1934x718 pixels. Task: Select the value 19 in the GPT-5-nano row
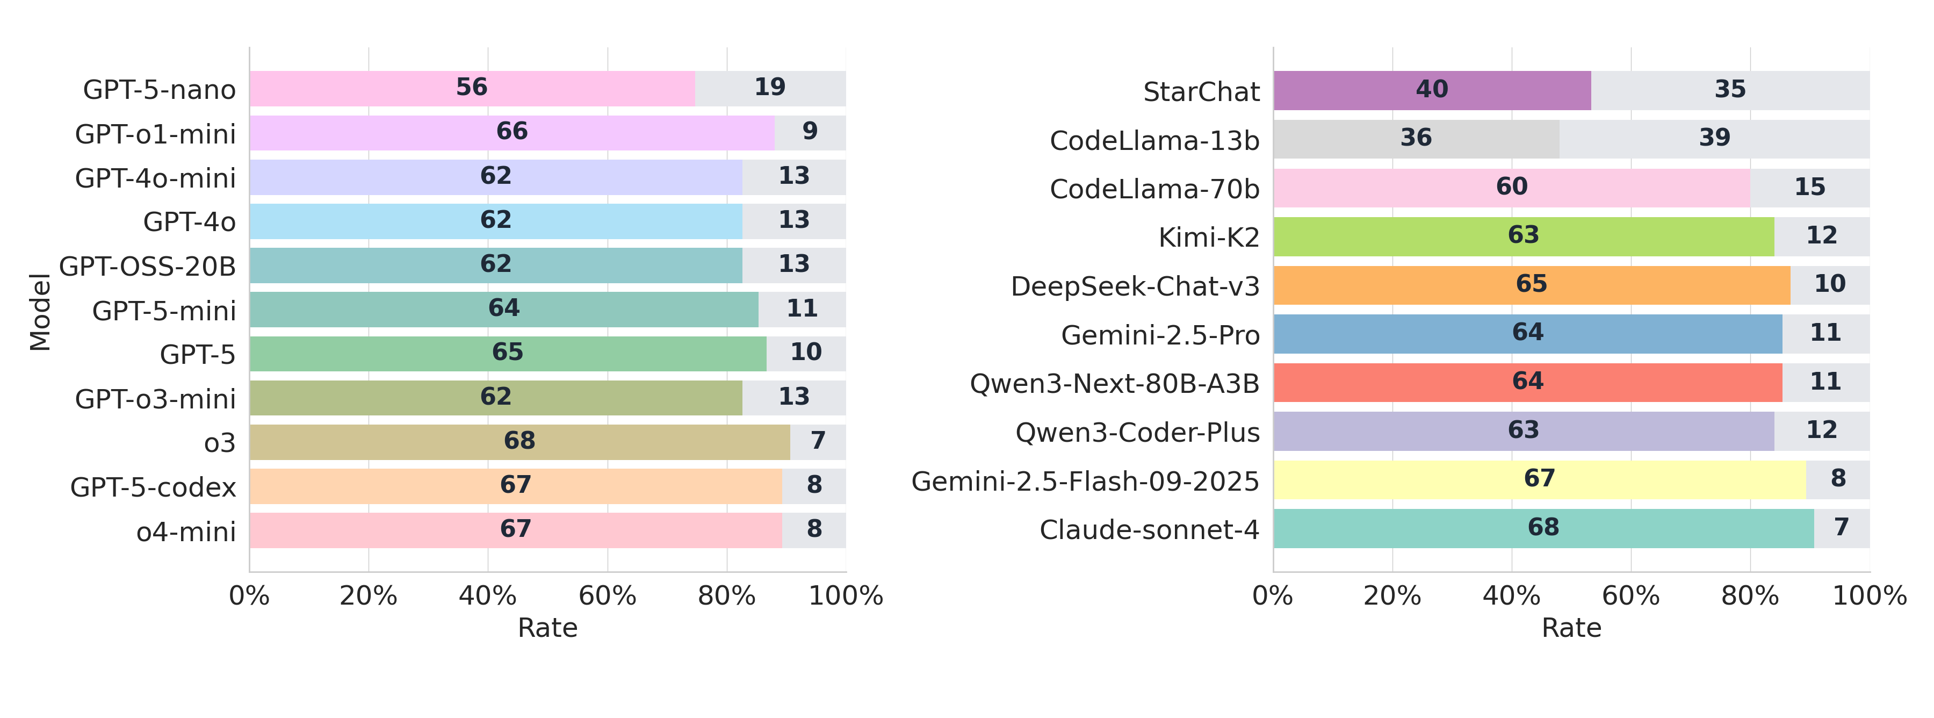(x=769, y=87)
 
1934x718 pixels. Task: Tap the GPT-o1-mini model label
(x=155, y=134)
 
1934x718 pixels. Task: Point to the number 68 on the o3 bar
(x=519, y=441)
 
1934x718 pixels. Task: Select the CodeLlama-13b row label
(x=1154, y=140)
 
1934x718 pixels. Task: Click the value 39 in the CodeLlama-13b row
(x=1715, y=138)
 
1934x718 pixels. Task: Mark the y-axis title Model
(x=40, y=312)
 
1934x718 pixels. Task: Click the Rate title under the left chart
(x=547, y=628)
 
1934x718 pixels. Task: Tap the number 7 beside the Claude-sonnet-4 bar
(x=1841, y=527)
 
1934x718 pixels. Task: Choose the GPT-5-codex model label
(x=153, y=487)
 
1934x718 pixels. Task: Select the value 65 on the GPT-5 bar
(x=508, y=352)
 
